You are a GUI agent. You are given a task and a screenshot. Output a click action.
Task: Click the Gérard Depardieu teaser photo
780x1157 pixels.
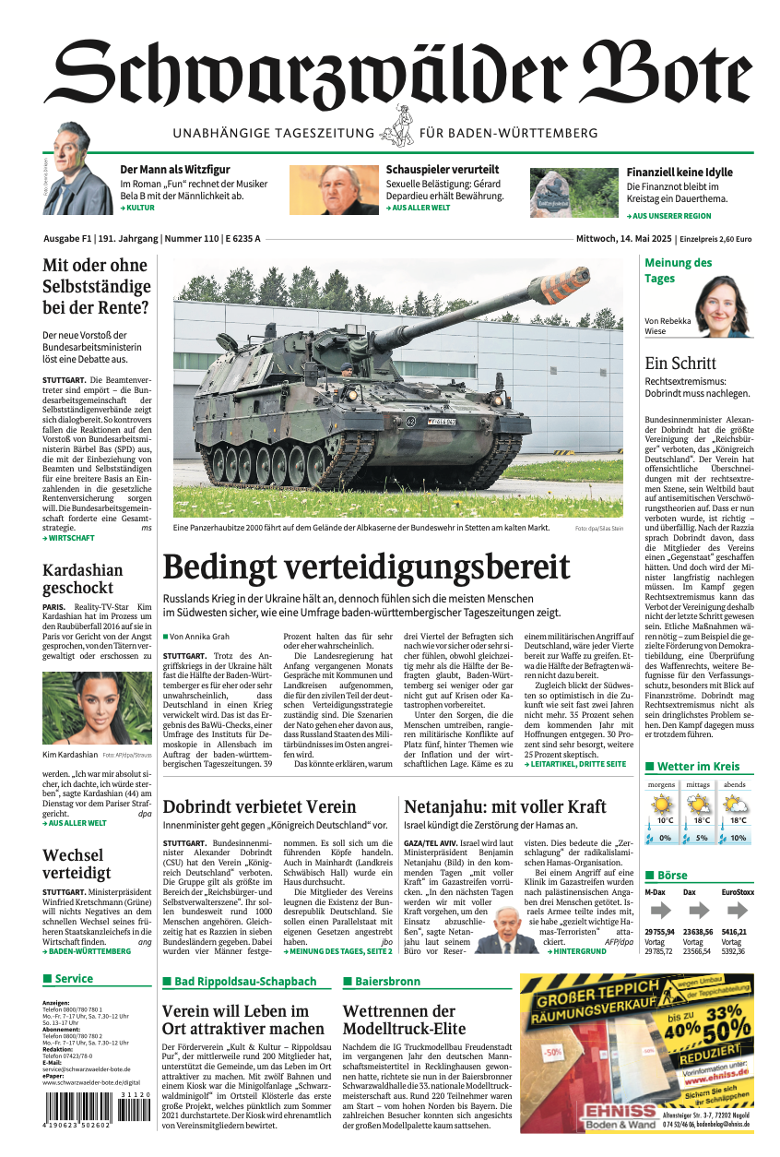334,190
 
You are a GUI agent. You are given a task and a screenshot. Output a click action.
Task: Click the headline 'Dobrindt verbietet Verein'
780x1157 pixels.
259,807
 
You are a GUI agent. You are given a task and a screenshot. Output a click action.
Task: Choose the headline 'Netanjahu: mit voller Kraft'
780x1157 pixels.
504,807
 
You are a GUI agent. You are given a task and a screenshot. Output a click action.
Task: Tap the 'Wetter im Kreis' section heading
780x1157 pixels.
698,766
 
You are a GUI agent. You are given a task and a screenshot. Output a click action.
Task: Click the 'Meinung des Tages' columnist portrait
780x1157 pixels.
723,305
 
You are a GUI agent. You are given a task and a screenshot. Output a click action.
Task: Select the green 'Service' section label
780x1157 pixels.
74,979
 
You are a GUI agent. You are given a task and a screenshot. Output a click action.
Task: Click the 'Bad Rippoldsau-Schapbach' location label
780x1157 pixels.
245,982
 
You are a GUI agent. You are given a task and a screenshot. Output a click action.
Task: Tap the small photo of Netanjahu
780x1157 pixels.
505,931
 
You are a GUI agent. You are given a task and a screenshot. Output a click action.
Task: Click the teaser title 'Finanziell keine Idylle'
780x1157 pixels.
680,173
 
